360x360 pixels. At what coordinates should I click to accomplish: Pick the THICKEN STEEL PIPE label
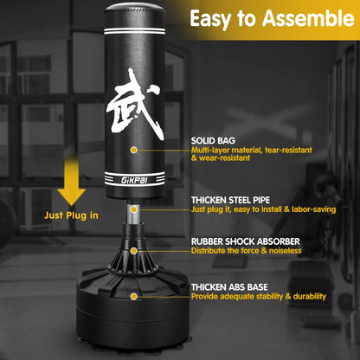pos(241,198)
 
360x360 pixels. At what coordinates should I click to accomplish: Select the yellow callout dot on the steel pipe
pos(133,208)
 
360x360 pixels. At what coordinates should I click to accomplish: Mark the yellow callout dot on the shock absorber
pos(133,251)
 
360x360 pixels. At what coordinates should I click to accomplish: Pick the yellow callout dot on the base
pos(134,296)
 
